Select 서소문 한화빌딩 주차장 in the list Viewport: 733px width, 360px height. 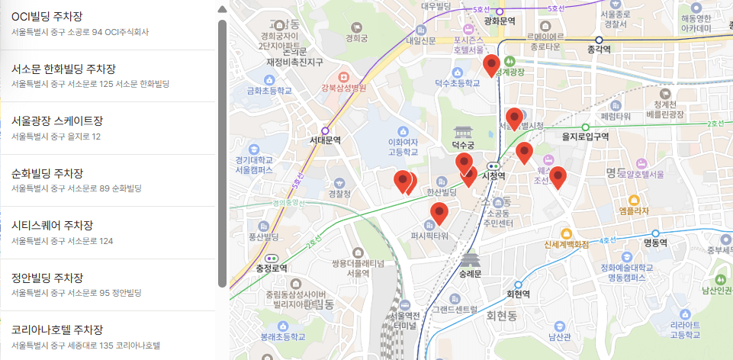click(63, 69)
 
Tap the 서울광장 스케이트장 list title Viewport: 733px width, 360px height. click(56, 121)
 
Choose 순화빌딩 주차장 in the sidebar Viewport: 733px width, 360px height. click(47, 173)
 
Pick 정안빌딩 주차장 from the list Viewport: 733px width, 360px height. click(47, 278)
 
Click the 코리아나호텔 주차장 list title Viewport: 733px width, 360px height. click(57, 329)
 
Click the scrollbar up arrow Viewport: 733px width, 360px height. click(222, 10)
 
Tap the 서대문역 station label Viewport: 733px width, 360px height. click(325, 140)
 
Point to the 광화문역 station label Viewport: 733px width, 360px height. click(500, 21)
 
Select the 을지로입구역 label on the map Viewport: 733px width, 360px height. click(585, 137)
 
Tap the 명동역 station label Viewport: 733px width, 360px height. click(655, 243)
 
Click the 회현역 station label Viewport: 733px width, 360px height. click(518, 294)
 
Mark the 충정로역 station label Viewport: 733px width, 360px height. click(272, 268)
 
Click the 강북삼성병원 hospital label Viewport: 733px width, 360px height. click(343, 88)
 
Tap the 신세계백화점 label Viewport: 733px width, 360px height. click(567, 245)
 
